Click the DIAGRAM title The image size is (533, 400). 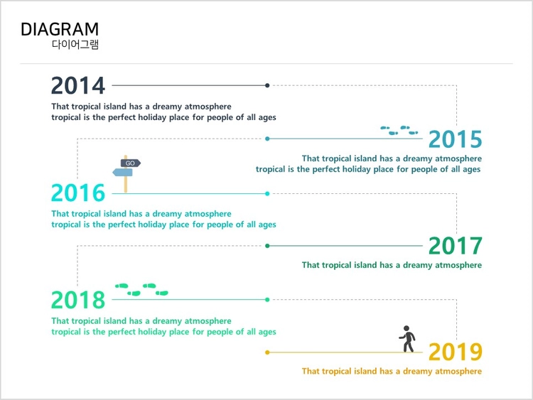(x=60, y=29)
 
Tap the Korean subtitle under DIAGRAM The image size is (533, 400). (x=75, y=45)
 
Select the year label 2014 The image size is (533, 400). (x=78, y=86)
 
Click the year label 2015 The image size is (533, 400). (x=455, y=139)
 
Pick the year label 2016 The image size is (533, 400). (x=78, y=193)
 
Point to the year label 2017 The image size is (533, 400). (x=455, y=246)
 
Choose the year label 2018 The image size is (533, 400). (x=78, y=300)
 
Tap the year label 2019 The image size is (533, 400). (x=455, y=352)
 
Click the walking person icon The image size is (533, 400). (x=408, y=339)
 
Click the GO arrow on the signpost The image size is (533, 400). (x=131, y=163)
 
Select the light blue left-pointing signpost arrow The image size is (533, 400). (x=122, y=173)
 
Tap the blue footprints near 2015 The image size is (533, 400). (x=399, y=130)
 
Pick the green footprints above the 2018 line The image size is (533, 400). (x=141, y=290)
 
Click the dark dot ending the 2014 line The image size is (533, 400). (x=267, y=85)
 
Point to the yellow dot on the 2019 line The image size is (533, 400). (x=267, y=352)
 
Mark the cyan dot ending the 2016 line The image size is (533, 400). (x=267, y=194)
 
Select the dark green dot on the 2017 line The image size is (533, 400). (x=267, y=246)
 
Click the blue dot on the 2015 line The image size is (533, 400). (x=267, y=139)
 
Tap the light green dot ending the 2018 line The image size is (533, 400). (x=267, y=300)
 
